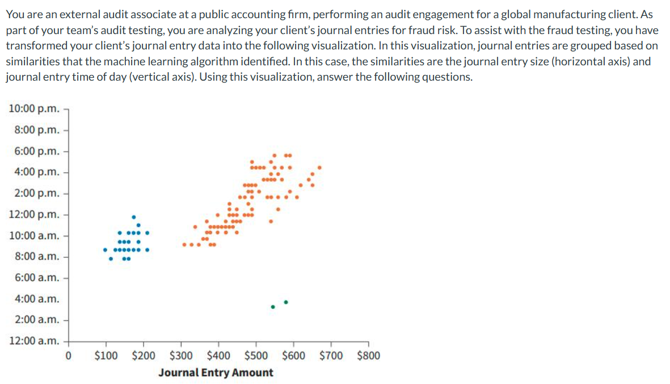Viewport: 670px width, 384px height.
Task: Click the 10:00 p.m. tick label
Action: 35,108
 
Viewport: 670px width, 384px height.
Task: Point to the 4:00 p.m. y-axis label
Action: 37,172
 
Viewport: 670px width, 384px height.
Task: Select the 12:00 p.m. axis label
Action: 35,214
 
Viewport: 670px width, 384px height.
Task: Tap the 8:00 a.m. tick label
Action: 37,256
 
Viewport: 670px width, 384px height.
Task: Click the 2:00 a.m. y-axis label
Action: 37,319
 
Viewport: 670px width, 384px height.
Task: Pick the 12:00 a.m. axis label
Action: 35,341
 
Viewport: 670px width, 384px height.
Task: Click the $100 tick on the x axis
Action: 106,356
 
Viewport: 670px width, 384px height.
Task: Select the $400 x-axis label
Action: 218,356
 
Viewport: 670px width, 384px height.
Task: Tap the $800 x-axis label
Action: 369,356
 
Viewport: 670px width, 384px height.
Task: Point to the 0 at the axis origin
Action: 68,356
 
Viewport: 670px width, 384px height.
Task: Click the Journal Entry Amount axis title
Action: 216,373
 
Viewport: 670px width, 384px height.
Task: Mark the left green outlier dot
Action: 273,307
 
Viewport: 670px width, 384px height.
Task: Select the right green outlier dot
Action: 286,302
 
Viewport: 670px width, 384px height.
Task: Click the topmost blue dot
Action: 133,216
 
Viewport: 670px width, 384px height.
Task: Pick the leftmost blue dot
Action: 105,249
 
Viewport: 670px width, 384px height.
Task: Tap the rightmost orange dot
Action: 320,168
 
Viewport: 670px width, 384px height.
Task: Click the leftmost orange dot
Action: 184,245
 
